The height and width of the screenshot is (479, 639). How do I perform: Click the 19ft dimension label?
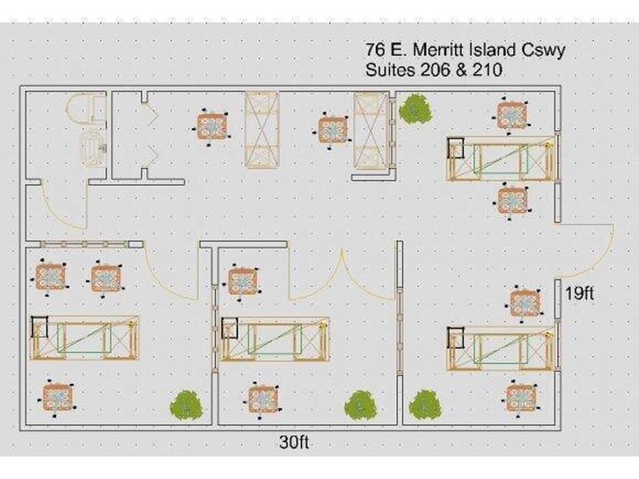click(579, 293)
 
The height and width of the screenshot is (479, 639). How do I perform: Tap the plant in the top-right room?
click(414, 109)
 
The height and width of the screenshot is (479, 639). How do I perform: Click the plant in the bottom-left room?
click(185, 405)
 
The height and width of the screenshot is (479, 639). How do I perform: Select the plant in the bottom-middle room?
click(360, 405)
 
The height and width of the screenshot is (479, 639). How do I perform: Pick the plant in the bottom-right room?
click(425, 405)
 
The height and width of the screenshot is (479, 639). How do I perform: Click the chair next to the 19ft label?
click(525, 303)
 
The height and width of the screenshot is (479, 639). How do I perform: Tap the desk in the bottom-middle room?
click(275, 339)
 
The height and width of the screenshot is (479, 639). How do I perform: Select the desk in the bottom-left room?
click(85, 338)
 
